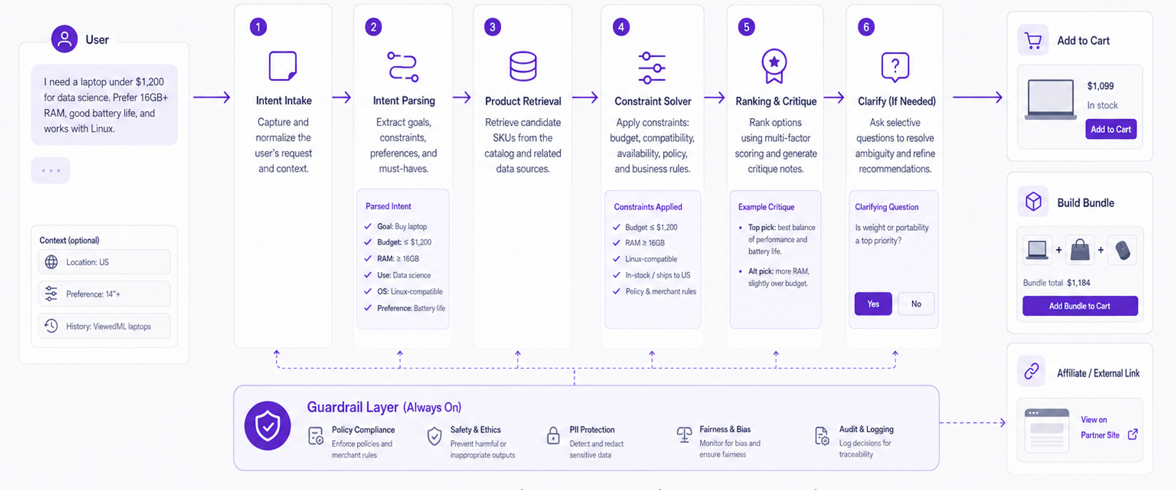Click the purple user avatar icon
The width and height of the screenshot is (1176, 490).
coord(64,39)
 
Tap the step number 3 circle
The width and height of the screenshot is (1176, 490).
coord(492,27)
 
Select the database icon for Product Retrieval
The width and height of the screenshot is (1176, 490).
coord(523,66)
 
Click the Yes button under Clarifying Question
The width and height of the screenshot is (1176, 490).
coord(873,304)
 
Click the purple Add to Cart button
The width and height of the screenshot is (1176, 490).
coord(1110,129)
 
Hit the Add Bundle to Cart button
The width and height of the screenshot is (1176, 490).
coord(1080,306)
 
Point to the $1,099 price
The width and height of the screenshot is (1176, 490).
coord(1101,86)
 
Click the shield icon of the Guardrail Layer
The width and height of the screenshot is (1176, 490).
coord(268,426)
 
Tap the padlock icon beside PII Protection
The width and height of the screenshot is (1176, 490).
coord(553,435)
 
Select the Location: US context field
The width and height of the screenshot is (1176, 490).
coord(104,262)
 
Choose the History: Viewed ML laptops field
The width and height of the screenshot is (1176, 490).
coord(104,326)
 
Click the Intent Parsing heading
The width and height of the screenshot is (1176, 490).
coord(404,100)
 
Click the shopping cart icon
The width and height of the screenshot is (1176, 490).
coord(1033,40)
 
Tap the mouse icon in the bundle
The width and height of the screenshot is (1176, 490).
coord(1122,250)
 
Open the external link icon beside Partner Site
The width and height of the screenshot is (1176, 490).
coord(1133,434)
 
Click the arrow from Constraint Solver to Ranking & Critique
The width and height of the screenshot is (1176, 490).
coord(714,97)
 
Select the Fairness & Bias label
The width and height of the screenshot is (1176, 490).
coord(725,429)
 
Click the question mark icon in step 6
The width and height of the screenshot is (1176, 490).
coord(895,66)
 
